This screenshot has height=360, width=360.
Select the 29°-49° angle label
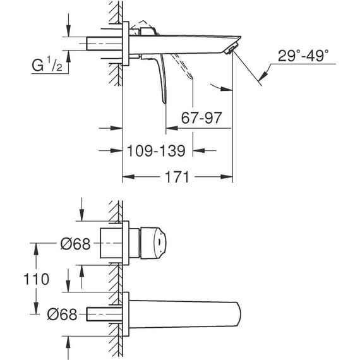pos(303,56)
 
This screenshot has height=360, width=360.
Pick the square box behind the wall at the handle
pos(112,243)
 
